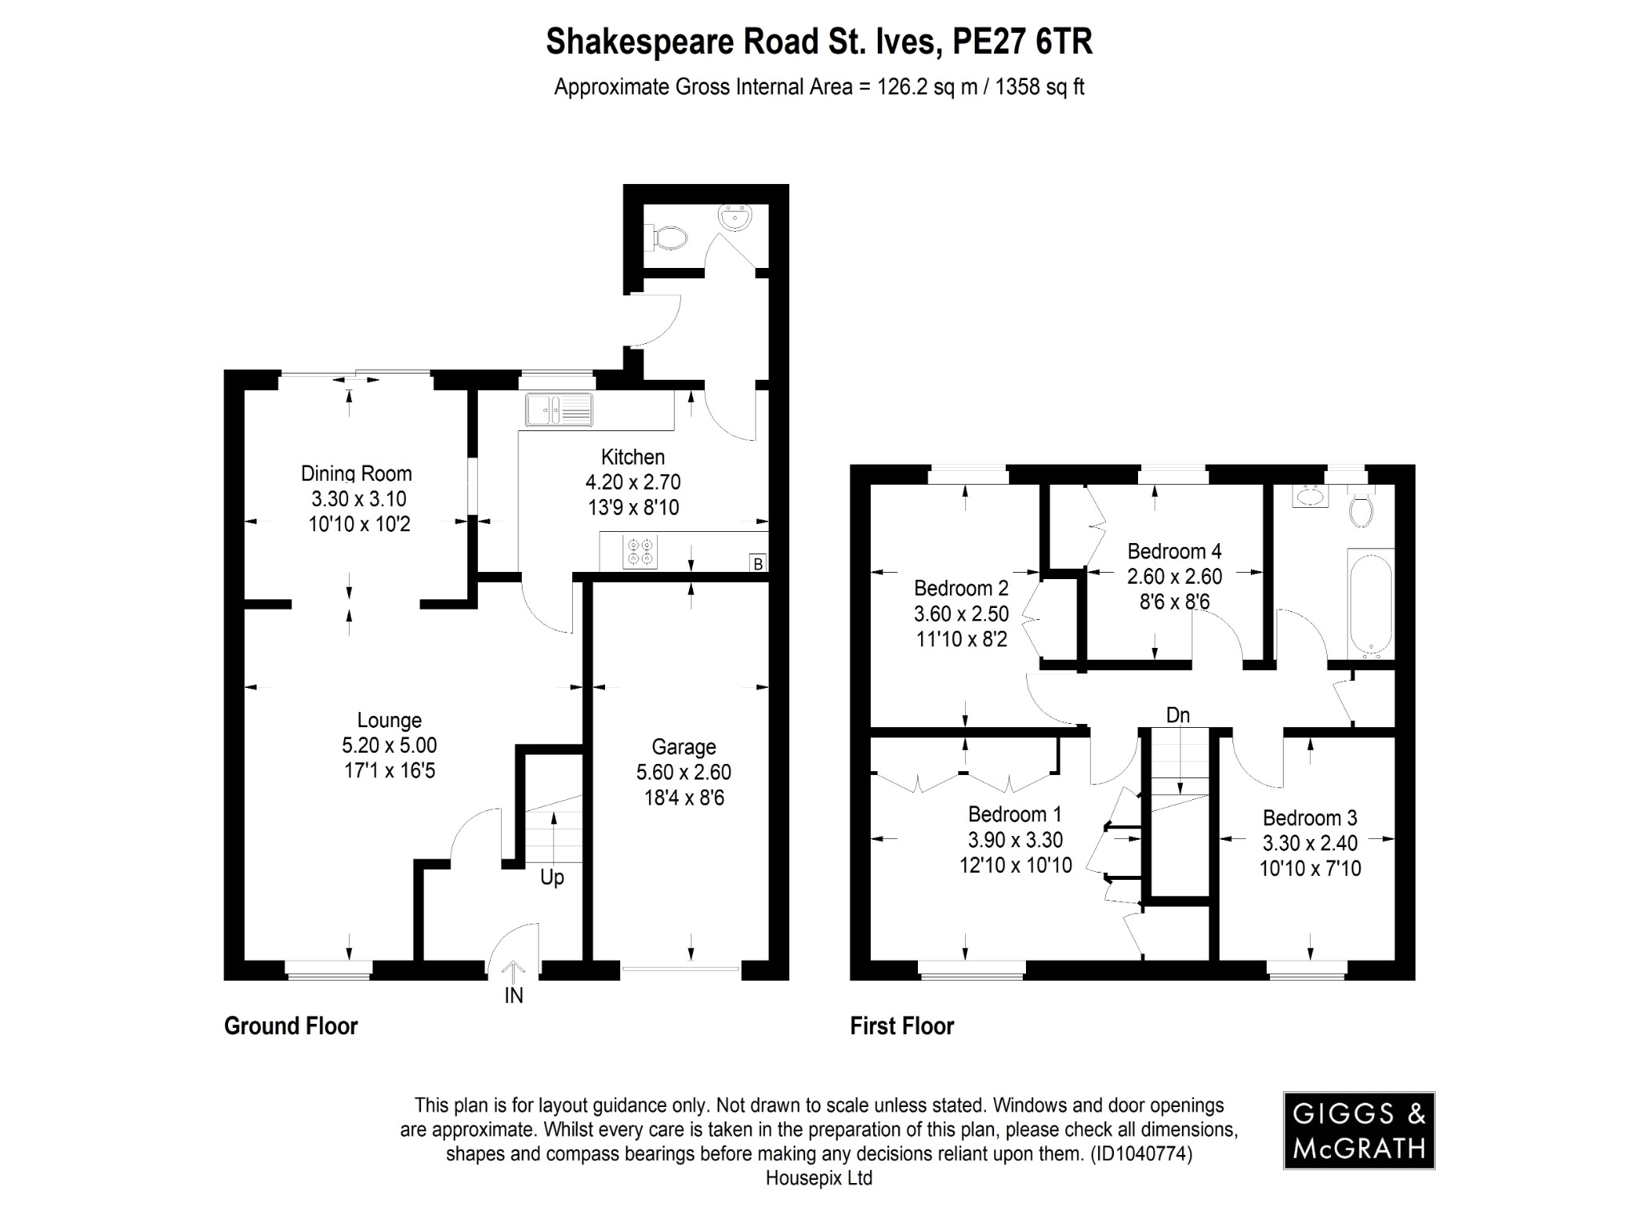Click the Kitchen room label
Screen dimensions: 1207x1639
632,457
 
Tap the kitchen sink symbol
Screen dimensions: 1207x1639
559,410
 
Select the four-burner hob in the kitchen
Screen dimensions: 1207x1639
640,552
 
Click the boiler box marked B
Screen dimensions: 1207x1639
758,564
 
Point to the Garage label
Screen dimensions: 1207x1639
683,746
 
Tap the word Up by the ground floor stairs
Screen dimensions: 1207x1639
552,877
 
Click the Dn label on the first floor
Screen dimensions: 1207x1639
1177,715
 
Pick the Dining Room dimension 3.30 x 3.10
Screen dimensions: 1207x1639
359,499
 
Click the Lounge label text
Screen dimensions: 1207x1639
389,720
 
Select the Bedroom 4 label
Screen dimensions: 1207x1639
1174,551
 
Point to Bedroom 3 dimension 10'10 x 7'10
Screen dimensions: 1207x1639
1309,869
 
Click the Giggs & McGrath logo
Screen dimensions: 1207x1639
1358,1130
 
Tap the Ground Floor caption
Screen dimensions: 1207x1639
291,1026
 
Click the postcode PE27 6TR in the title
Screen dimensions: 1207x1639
1022,42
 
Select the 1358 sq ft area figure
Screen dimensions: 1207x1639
1039,87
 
